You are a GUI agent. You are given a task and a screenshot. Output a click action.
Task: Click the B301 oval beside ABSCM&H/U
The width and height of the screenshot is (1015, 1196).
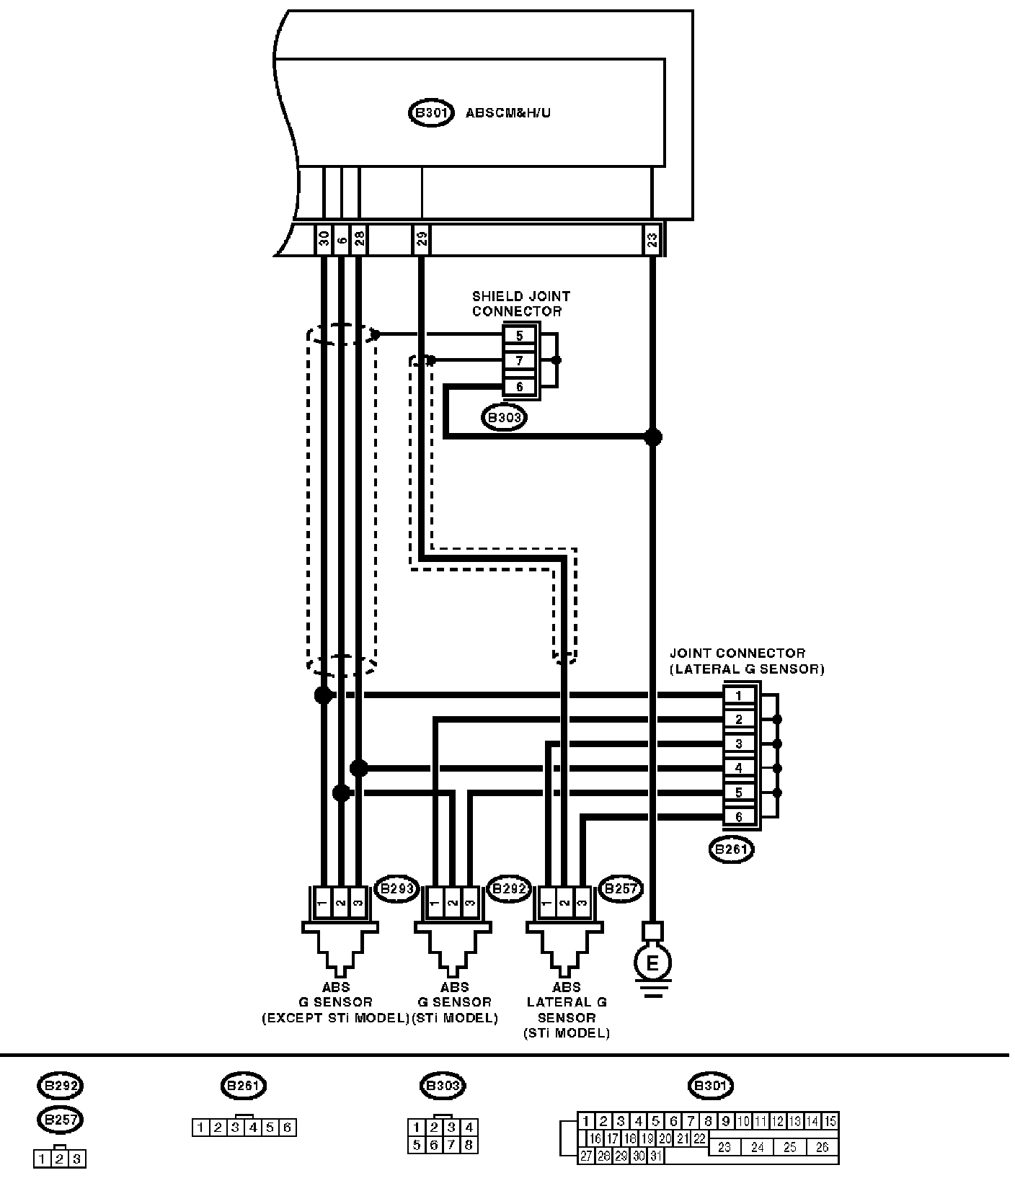[x=431, y=113]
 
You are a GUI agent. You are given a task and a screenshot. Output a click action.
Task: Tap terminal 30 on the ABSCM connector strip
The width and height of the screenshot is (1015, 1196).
[x=324, y=238]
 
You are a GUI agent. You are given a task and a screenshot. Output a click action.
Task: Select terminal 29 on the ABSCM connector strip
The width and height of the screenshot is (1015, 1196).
[x=422, y=238]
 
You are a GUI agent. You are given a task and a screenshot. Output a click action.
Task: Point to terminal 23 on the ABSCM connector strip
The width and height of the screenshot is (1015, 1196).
[x=652, y=238]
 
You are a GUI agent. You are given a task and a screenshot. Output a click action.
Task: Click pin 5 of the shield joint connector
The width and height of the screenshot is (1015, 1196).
[x=520, y=336]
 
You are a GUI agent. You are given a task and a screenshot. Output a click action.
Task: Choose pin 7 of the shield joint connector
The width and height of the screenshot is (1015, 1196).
[x=520, y=361]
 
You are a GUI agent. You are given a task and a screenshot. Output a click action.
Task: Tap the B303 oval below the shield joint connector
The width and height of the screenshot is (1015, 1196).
[x=504, y=418]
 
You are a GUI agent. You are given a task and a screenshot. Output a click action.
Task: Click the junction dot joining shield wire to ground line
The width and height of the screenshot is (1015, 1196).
[x=652, y=437]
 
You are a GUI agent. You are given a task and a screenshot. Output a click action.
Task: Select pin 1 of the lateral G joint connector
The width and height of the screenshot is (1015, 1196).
[x=738, y=695]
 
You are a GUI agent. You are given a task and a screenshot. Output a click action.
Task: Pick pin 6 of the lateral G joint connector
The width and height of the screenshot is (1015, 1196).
[x=738, y=817]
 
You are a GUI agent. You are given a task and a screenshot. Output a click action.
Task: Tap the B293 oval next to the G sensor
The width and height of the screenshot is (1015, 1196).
[x=397, y=889]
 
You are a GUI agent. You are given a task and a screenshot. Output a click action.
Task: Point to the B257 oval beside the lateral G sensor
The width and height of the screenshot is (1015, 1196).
[x=621, y=889]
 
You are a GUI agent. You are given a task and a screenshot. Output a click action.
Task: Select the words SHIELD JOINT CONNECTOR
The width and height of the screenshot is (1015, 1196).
[x=520, y=303]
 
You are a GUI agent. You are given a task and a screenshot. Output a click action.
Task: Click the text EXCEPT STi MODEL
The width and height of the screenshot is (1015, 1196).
[x=335, y=1018]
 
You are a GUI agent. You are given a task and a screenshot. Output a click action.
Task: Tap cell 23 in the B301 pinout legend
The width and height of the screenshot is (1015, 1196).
[x=724, y=1147]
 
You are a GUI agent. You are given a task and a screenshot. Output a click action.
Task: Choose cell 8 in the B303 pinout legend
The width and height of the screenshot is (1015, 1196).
[x=469, y=1145]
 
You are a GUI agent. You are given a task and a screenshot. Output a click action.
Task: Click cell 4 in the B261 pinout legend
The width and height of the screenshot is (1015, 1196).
[x=253, y=1128]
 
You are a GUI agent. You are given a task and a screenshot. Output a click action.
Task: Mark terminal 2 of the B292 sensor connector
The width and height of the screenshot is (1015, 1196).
[x=452, y=903]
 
